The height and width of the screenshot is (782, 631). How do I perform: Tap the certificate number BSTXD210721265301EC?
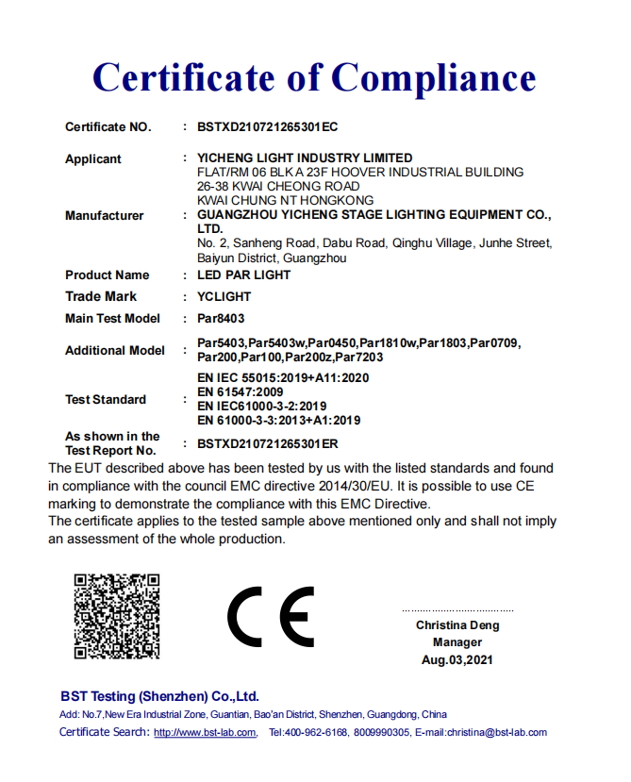tap(267, 127)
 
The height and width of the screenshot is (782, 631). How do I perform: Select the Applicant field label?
tap(93, 159)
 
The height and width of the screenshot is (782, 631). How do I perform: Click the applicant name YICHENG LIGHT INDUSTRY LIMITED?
tap(305, 158)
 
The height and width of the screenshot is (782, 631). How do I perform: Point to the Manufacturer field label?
tap(105, 216)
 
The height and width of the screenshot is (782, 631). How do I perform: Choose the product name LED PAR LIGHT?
tap(243, 275)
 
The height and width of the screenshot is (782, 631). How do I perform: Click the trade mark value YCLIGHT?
tap(224, 297)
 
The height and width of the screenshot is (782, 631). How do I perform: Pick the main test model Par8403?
tap(221, 319)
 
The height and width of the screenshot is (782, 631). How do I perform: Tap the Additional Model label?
tap(115, 351)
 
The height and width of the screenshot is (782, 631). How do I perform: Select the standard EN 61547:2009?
tap(240, 391)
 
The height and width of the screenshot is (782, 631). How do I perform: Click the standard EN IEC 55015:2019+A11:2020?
tap(283, 377)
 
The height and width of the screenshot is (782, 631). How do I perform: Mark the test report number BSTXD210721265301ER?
tap(268, 443)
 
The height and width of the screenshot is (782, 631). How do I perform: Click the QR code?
tap(117, 615)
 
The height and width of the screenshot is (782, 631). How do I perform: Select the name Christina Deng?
tap(457, 625)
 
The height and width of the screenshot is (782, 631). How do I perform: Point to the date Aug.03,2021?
tap(457, 660)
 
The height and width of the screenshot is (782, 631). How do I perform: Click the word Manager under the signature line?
tap(457, 642)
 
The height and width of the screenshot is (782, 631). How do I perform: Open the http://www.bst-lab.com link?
tap(205, 733)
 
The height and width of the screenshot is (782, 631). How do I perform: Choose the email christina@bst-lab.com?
tap(496, 733)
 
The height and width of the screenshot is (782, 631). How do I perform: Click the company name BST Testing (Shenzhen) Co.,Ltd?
tap(159, 697)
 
